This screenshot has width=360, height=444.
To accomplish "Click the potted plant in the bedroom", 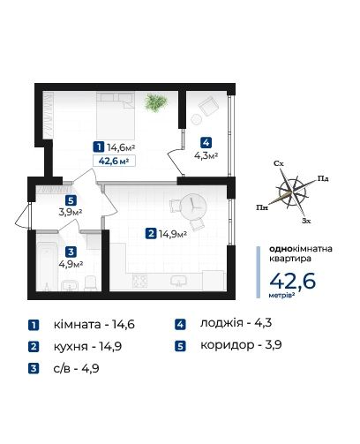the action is click(155, 102).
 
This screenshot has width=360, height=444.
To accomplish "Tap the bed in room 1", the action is click(116, 116).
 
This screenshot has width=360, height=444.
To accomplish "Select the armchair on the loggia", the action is click(208, 106).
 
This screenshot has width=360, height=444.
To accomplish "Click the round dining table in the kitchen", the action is click(192, 206).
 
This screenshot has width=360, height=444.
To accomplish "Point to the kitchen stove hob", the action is click(139, 281).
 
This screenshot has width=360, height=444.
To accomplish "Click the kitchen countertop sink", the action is click(178, 281).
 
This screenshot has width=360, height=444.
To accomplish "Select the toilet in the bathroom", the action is click(90, 282).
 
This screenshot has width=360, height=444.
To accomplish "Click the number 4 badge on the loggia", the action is click(206, 143).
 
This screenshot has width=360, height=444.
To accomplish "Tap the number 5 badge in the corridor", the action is click(71, 200).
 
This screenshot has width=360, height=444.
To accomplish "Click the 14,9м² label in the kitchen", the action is click(173, 234).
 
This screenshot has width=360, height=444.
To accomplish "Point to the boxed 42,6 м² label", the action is click(114, 161).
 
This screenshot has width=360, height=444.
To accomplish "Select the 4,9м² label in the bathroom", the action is click(71, 264).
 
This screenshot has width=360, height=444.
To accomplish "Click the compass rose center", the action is click(292, 192).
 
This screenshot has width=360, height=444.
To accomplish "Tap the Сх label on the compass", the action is click(279, 163).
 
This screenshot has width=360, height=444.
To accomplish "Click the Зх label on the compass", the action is click(306, 221).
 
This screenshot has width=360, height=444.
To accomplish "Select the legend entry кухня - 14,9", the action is click(87, 346).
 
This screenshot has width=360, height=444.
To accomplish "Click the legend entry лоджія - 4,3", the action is click(236, 323).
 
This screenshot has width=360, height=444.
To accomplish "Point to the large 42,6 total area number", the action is click(292, 281).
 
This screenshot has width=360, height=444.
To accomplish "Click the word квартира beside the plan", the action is click(290, 259).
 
